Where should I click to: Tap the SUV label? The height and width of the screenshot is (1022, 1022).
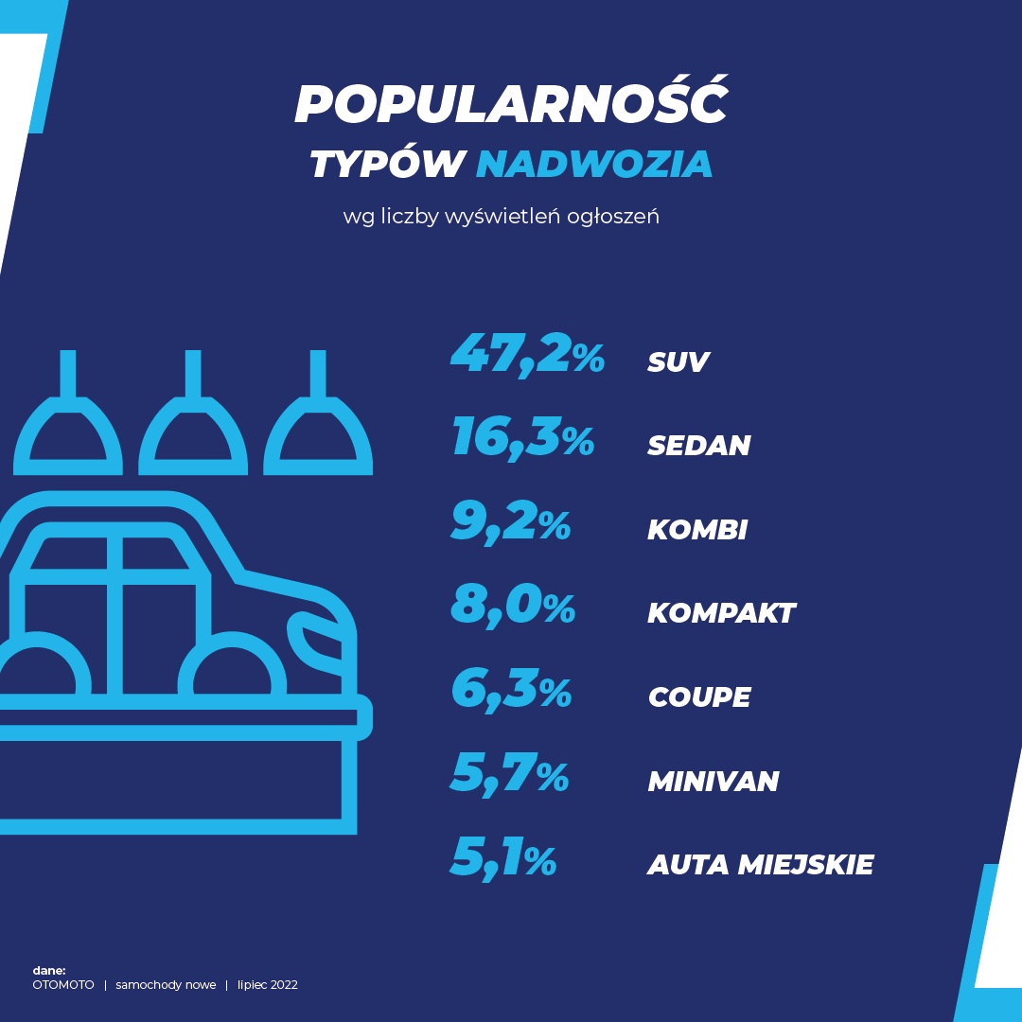(x=678, y=361)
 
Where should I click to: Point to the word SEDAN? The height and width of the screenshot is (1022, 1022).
(x=698, y=446)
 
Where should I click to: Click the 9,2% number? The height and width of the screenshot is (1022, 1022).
(x=511, y=522)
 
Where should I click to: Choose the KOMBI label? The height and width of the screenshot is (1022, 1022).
(x=697, y=529)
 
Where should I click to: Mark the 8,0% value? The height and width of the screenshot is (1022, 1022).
(x=513, y=606)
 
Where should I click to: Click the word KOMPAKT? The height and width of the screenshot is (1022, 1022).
(x=721, y=613)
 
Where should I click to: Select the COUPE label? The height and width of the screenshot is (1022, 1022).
(x=699, y=697)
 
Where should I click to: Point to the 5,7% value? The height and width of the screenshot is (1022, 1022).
(x=509, y=773)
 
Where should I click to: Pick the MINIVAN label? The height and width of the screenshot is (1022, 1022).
(x=714, y=781)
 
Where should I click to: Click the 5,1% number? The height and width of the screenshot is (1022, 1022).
(x=503, y=857)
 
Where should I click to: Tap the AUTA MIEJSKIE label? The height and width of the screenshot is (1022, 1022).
(x=761, y=864)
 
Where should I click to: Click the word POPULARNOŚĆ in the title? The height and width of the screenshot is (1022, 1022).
(x=511, y=104)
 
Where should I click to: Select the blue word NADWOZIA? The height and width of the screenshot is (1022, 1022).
(x=594, y=164)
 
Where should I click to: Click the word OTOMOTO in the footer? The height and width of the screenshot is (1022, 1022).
(x=63, y=985)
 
